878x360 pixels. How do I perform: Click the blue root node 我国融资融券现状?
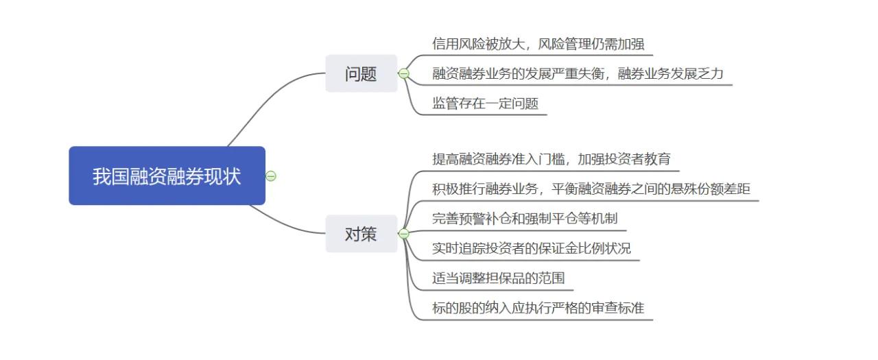coord(167,176)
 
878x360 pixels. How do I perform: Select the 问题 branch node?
coord(361,73)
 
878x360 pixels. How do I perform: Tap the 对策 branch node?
coord(361,234)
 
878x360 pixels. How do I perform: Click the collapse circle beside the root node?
coord(271,176)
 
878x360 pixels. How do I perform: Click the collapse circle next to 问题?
coord(404,73)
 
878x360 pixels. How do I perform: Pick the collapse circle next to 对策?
coord(404,234)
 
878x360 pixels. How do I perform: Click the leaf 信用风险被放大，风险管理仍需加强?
coord(538,44)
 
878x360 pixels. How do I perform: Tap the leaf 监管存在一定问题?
coord(485,104)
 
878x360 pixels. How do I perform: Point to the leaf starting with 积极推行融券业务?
coord(591,189)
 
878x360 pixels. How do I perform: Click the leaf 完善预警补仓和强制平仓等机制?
coord(525,219)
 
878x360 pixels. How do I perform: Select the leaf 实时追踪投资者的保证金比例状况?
coord(531,248)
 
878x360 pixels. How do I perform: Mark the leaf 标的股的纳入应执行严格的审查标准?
coord(538,308)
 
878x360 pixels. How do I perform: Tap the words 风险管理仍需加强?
coord(591,44)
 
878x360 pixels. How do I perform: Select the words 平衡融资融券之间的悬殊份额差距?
coord(651,189)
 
